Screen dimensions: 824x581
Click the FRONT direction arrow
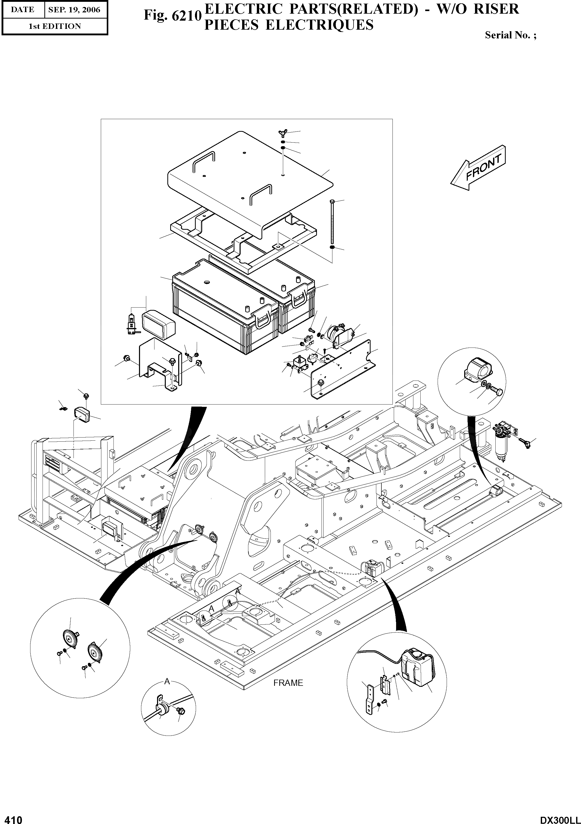478,168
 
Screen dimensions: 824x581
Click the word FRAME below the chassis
288,683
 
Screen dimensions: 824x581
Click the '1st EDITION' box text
55,26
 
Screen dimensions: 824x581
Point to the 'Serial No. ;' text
511,35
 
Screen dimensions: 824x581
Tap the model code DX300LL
560,819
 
